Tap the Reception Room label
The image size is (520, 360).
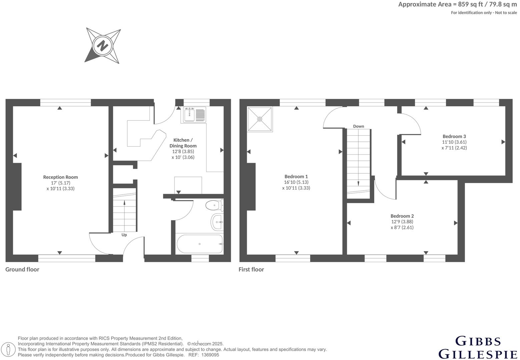click(60, 177)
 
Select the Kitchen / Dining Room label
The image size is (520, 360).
click(183, 143)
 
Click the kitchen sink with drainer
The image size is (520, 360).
click(194, 115)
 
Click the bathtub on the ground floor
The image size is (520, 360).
click(199, 244)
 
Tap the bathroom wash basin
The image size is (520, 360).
click(217, 222)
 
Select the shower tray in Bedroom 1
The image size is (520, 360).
click(260, 119)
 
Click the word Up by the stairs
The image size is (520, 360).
click(124, 235)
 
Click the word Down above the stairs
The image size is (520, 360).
click(359, 126)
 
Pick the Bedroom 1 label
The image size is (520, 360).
click(296, 176)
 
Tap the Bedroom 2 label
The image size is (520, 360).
click(402, 216)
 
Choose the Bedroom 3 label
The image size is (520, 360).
click(454, 136)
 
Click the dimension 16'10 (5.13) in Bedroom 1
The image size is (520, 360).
click(296, 182)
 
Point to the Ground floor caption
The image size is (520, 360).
click(22, 269)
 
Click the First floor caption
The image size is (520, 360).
click(251, 269)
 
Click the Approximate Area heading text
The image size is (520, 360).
click(457, 4)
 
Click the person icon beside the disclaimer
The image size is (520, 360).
click(9, 350)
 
